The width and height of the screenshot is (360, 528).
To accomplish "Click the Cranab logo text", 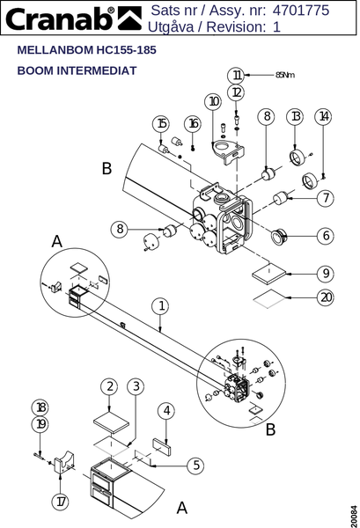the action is [60, 18].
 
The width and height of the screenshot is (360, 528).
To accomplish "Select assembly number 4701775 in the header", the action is [301, 11].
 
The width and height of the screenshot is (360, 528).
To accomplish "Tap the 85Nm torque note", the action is [285, 75].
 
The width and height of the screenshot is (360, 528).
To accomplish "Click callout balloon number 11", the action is [237, 76].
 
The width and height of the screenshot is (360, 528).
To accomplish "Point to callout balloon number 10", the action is [213, 101].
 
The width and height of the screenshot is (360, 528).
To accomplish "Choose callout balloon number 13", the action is [295, 116].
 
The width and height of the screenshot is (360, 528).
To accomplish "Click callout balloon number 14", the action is [323, 116].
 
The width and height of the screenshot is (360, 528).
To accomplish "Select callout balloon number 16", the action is [193, 124].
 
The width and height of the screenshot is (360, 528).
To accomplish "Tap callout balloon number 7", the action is [326, 198].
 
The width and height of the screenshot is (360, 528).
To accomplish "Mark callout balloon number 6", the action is [326, 236].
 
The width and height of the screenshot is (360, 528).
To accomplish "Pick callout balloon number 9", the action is [326, 274].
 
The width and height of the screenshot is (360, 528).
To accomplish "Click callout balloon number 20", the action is [326, 297].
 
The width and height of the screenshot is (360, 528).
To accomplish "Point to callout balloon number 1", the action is [161, 306].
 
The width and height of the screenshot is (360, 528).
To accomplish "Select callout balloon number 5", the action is [195, 466].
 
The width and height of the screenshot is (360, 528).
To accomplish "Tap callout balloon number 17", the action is [60, 502].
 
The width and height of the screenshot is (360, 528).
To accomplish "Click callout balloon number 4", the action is [166, 411].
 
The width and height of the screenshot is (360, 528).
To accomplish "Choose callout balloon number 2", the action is [109, 386].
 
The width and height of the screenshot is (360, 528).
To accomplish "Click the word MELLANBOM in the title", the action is [55, 50].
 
